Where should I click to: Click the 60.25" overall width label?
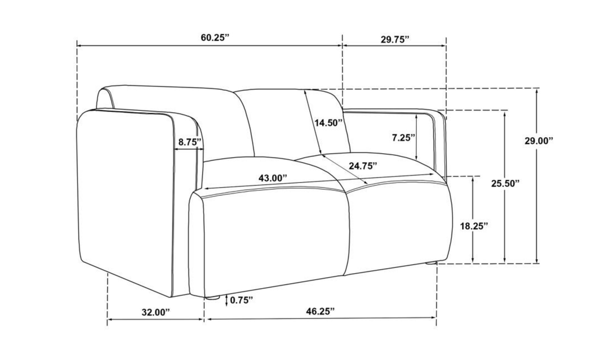pos(215,38)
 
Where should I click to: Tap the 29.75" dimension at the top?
pos(395,39)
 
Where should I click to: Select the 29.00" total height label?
pos(539,141)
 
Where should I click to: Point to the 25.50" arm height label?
pos(506,183)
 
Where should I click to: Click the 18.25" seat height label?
pos(474,226)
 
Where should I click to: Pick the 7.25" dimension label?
pos(403,137)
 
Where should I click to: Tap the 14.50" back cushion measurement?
pos(328,123)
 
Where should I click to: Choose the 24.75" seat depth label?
pos(362,166)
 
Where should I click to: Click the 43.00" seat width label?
pos(273,178)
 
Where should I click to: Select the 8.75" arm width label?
pos(190,142)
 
